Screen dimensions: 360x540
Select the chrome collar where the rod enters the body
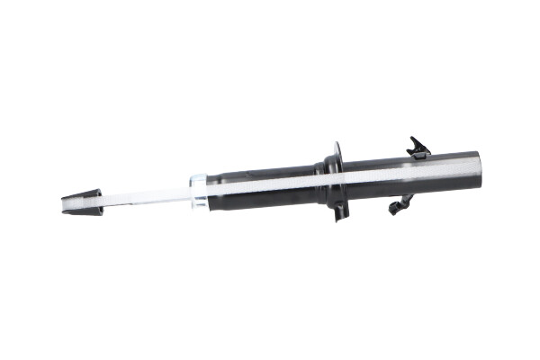click(198, 191)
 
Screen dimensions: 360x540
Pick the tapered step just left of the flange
click(317, 176)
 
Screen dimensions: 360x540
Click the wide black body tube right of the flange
click(405, 173)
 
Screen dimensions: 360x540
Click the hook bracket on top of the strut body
click(418, 146)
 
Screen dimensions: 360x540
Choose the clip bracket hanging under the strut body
click(401, 205)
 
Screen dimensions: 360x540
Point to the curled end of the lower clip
click(393, 211)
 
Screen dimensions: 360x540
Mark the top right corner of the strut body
click(476, 152)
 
